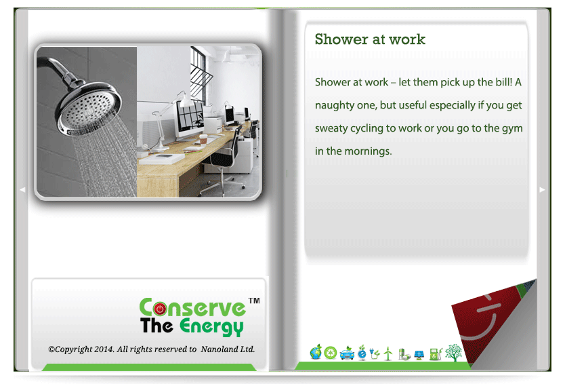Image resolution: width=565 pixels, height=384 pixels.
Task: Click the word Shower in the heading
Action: (x=341, y=39)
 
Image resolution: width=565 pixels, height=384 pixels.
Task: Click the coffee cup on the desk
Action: (x=204, y=139)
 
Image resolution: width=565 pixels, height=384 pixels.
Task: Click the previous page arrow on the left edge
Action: (x=22, y=189)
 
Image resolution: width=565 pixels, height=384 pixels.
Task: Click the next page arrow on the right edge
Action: (x=542, y=189)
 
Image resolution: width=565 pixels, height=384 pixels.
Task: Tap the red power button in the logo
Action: (x=160, y=309)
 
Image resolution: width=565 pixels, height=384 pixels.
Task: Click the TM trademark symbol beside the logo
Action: (x=254, y=301)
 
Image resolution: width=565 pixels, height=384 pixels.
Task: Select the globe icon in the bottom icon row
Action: (x=316, y=352)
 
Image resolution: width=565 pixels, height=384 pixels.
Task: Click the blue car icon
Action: (x=347, y=353)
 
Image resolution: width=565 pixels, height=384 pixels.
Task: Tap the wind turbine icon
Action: (x=388, y=353)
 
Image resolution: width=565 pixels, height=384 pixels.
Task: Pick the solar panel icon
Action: (x=419, y=355)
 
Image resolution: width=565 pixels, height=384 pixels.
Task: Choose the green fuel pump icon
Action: (x=436, y=354)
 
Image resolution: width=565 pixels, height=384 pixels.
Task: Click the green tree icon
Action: (x=453, y=352)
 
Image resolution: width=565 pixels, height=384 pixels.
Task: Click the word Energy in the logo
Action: (x=211, y=326)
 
